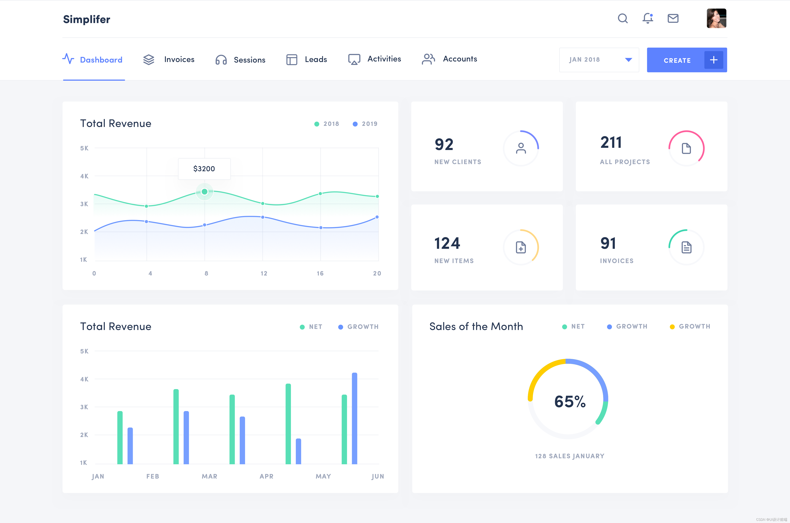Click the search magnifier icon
[x=622, y=18]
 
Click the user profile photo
[x=716, y=18]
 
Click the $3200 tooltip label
[x=204, y=169]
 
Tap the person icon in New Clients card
[x=521, y=148]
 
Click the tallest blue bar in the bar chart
[x=354, y=418]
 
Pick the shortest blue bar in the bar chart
[x=298, y=451]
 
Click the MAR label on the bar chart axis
[x=209, y=476]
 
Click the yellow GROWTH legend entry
[x=690, y=327]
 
